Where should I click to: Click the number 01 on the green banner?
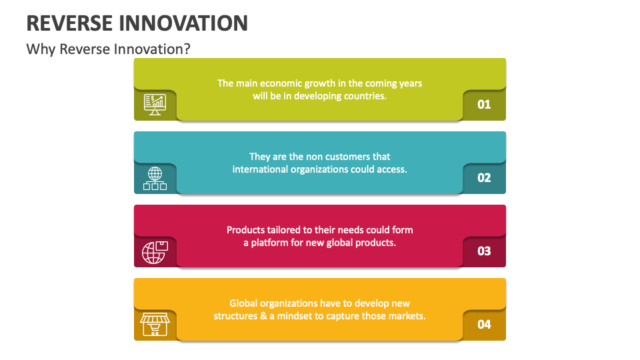pyautogui.click(x=484, y=105)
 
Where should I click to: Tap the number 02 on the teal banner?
pyautogui.click(x=484, y=178)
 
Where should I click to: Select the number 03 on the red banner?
pyautogui.click(x=484, y=251)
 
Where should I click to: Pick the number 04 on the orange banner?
pyautogui.click(x=484, y=325)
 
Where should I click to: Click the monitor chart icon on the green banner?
pyautogui.click(x=155, y=104)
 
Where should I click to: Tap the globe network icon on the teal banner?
pyautogui.click(x=155, y=178)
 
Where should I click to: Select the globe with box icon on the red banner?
pyautogui.click(x=155, y=251)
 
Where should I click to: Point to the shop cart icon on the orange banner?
pyautogui.click(x=155, y=325)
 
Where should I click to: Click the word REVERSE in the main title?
pyautogui.click(x=69, y=23)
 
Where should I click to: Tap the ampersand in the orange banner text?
pyautogui.click(x=261, y=316)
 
